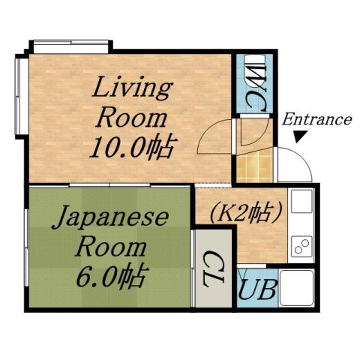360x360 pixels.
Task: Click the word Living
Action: pyautogui.click(x=131, y=89)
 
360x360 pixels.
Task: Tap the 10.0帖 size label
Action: pyautogui.click(x=131, y=145)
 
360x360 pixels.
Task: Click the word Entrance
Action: pyautogui.click(x=316, y=119)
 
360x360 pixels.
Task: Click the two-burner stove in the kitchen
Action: pyautogui.click(x=301, y=246)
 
